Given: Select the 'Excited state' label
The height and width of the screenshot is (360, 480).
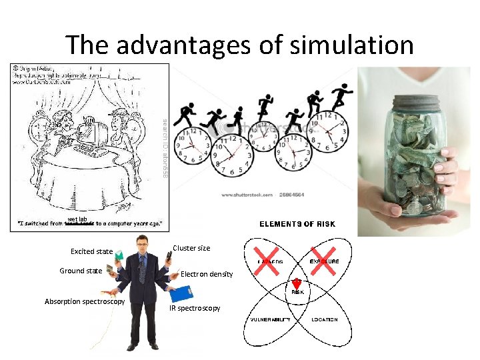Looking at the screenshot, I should pyautogui.click(x=91, y=251).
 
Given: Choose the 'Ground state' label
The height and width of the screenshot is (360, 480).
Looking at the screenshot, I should pyautogui.click(x=81, y=271).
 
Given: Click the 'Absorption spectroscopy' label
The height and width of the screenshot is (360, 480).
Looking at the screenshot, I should pyautogui.click(x=85, y=301).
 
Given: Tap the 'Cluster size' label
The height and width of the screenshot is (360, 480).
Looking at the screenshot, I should pyautogui.click(x=191, y=248).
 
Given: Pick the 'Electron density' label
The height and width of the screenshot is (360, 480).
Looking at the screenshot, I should pyautogui.click(x=207, y=274).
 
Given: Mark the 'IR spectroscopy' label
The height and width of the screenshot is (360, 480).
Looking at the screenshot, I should pyautogui.click(x=194, y=308).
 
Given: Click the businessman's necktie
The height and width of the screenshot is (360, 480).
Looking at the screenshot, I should pyautogui.click(x=141, y=270).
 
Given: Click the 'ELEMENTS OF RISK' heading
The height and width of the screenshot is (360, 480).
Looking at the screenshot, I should pyautogui.click(x=297, y=224).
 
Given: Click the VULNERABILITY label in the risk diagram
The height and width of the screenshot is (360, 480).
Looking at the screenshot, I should pyautogui.click(x=270, y=320).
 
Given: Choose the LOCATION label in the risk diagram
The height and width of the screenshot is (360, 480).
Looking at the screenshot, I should pyautogui.click(x=324, y=320).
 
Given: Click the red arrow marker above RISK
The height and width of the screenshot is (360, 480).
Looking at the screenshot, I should pyautogui.click(x=297, y=283).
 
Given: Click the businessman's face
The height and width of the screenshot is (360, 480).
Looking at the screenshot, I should pyautogui.click(x=141, y=243).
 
